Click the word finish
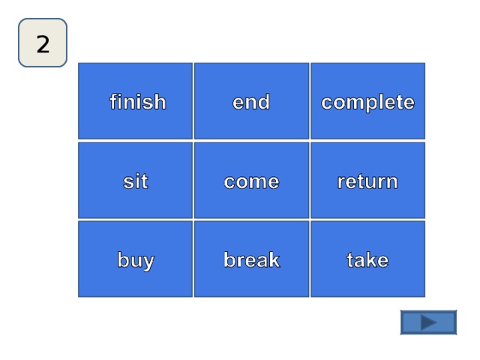138,101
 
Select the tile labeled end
251,101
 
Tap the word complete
367,103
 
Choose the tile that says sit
135,180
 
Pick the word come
251,181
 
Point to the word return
367,181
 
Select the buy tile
135,259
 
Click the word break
252,259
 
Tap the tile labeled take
367,259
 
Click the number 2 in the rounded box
43,43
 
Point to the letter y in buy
147,262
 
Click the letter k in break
273,259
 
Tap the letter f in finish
114,101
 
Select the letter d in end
263,101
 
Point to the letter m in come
258,182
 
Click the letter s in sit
128,181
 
